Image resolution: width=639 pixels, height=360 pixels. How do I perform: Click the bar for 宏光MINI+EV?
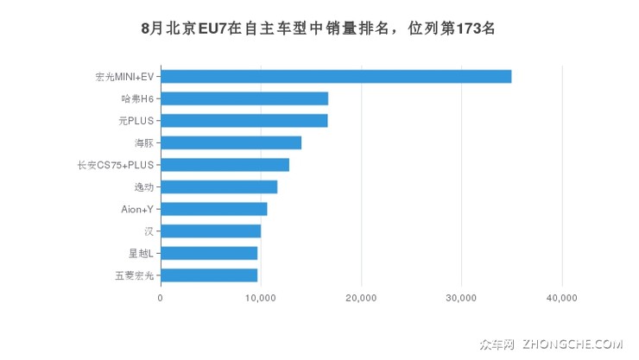pos(336,76)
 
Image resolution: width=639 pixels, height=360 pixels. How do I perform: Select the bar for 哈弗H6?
pos(244,98)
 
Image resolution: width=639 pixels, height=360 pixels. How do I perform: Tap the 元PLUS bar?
pos(244,120)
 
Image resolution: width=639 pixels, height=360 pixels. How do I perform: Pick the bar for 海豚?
pos(231,142)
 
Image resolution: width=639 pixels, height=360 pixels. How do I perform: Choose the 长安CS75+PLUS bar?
pos(225,165)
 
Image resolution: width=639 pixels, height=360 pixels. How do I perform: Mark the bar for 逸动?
pos(218,186)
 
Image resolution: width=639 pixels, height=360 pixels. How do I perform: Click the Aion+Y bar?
pos(213,209)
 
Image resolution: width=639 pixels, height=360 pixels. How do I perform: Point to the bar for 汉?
pos(211,231)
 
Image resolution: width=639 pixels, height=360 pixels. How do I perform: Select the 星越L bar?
pos(209,253)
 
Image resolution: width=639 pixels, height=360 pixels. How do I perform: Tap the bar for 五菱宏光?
pos(209,275)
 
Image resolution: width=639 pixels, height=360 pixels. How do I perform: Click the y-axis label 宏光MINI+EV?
pos(123,77)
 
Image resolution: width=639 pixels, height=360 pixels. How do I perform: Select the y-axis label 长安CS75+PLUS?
pos(115,165)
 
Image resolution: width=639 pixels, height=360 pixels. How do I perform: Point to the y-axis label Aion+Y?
pos(137,209)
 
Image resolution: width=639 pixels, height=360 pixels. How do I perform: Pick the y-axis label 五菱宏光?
pos(134,275)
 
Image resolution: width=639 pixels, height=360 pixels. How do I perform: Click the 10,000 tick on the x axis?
pos(261,298)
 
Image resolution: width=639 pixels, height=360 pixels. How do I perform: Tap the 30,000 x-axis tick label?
pos(461,298)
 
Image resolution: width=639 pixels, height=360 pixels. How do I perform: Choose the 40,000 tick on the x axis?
pos(561,298)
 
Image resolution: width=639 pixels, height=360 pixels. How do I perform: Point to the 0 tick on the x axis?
pos(161,298)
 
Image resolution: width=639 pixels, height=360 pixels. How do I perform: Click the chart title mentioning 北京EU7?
pos(319,28)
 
